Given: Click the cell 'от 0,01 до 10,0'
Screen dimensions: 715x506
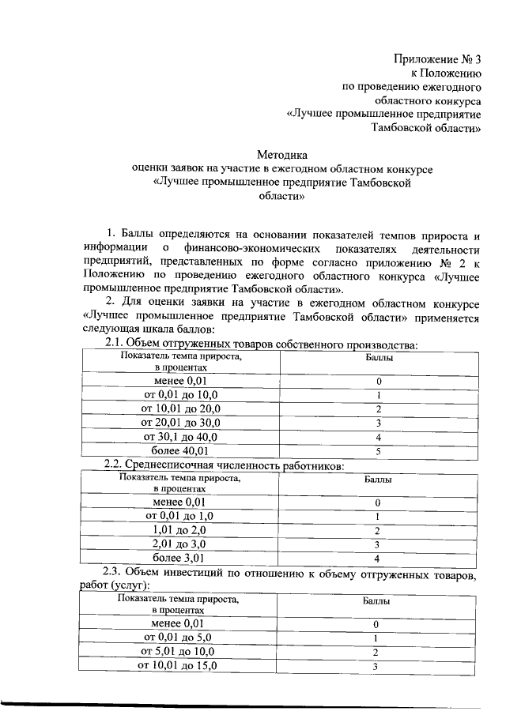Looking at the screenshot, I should tap(181, 394).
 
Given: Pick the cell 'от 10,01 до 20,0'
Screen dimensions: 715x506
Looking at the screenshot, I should tap(181, 408).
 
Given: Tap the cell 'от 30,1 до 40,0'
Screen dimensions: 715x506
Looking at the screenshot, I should tap(181, 437).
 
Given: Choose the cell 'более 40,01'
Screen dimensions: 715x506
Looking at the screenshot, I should tap(181, 451).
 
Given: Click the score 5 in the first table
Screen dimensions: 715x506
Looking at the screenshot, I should tap(379, 451).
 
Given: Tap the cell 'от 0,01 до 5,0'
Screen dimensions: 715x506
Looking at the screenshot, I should tap(178, 638).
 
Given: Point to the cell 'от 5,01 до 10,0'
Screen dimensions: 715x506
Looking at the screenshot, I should tap(178, 652).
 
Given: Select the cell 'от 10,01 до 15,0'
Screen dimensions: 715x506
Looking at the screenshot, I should tap(178, 666).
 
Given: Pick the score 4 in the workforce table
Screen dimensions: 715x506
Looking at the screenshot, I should tap(378, 559).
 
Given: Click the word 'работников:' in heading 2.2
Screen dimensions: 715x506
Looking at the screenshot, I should tap(314, 466).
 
